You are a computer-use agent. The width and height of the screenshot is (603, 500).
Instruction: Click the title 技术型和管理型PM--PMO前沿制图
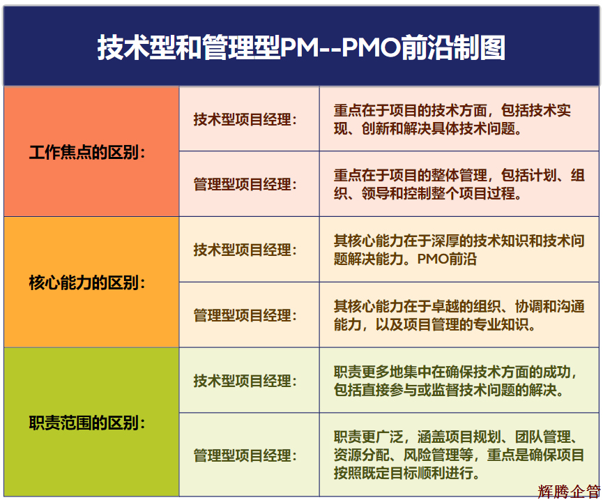(x=301, y=47)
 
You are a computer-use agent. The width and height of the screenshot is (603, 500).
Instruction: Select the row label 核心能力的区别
(x=88, y=283)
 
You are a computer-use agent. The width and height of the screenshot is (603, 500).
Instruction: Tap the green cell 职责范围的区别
(x=88, y=423)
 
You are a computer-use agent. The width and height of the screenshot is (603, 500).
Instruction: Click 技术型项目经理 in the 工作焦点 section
(x=245, y=119)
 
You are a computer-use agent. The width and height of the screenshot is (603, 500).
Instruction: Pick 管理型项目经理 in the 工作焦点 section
(x=245, y=185)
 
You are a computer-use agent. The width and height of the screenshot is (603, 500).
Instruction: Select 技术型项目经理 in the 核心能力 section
(x=245, y=250)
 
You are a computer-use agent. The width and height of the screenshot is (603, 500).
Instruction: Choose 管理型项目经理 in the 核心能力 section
(x=245, y=315)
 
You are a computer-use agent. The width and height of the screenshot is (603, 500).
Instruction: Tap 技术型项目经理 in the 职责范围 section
(x=245, y=381)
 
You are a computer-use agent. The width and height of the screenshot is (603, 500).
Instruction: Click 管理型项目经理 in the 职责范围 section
(x=245, y=455)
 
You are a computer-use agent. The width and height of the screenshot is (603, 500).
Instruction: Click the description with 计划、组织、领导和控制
(x=459, y=185)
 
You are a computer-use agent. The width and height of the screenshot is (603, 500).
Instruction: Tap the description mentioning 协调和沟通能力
(x=459, y=315)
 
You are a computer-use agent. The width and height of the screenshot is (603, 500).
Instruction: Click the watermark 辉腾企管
(x=568, y=492)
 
